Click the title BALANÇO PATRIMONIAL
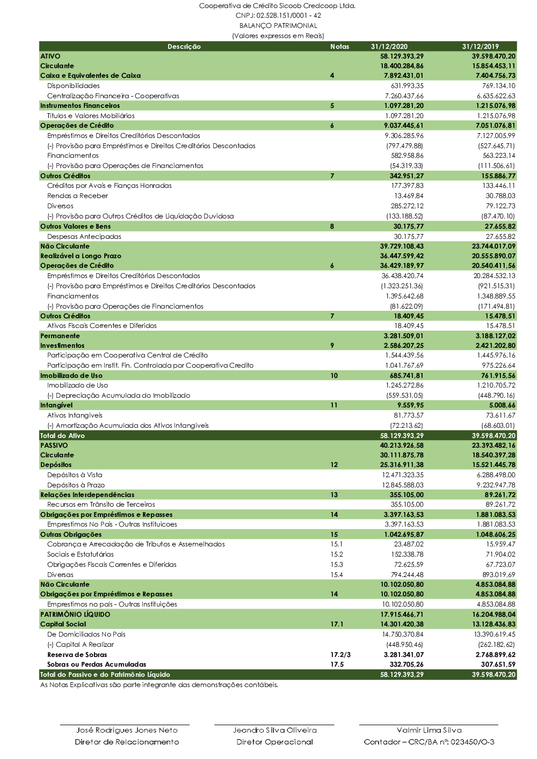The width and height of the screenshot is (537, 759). (x=278, y=26)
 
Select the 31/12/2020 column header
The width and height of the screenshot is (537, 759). (x=389, y=47)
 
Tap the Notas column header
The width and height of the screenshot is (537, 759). (x=339, y=47)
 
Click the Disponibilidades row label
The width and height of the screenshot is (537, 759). (x=74, y=86)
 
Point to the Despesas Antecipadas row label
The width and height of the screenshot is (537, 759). (x=84, y=237)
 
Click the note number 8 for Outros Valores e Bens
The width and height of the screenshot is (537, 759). (x=332, y=227)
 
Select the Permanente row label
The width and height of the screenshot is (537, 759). (x=60, y=336)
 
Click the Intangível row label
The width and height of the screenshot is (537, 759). (x=56, y=405)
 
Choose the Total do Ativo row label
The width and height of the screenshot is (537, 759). (x=62, y=436)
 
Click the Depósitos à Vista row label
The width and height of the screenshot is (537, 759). (x=75, y=475)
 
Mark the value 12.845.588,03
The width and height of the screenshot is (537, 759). (x=403, y=485)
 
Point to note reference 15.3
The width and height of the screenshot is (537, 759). (x=336, y=565)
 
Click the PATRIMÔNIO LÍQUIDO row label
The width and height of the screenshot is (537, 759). (x=75, y=615)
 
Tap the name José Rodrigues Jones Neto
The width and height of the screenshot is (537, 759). (x=127, y=730)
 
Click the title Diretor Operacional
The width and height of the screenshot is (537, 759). (x=274, y=742)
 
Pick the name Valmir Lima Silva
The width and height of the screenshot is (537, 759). (x=429, y=730)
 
